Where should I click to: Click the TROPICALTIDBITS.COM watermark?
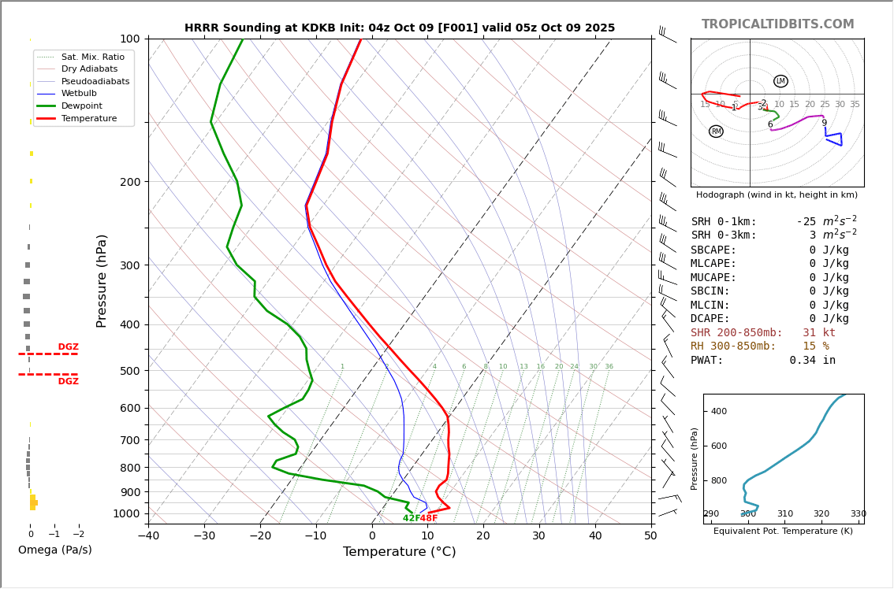777,24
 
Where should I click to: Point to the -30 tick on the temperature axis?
204,536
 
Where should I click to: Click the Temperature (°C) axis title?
399,552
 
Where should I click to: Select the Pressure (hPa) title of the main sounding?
102,280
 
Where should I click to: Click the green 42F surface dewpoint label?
411,518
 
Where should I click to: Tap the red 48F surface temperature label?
429,518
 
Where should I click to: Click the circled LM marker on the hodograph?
780,81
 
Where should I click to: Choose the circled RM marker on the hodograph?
716,132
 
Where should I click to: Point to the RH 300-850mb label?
733,346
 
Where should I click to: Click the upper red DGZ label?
68,347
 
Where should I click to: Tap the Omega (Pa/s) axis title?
55,550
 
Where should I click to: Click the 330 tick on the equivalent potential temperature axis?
858,514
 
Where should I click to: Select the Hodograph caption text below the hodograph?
777,194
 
